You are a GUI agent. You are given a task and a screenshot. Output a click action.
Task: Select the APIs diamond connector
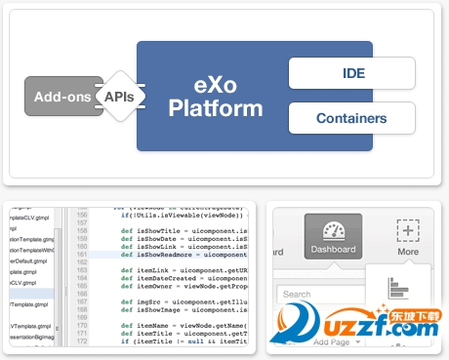[119, 98]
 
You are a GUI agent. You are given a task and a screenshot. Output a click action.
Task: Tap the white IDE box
[351, 73]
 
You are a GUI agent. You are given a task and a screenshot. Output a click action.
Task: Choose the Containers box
[351, 119]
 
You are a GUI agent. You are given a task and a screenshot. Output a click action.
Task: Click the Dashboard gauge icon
[333, 231]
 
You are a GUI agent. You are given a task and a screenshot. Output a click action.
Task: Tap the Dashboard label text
[333, 251]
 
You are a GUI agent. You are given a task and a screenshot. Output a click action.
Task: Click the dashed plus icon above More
[407, 231]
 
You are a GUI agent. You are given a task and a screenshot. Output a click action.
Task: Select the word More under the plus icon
[407, 251]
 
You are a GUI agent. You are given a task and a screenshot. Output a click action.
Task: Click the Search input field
[317, 294]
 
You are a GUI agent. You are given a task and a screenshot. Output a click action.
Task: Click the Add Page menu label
[335, 342]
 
